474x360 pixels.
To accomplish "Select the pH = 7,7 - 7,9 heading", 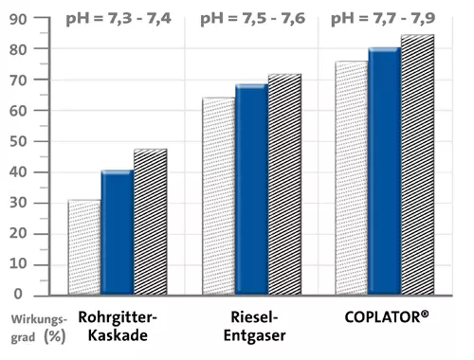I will (x=383, y=18).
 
